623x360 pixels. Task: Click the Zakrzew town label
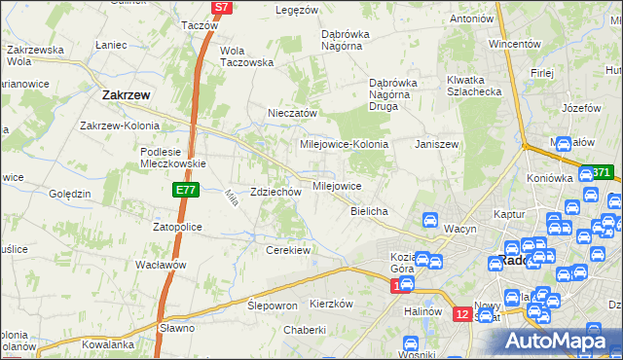click(x=125, y=95)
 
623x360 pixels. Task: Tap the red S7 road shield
click(x=222, y=7)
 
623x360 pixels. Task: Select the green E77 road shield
click(x=188, y=191)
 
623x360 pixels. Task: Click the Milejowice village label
click(x=337, y=185)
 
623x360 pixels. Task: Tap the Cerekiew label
click(x=287, y=250)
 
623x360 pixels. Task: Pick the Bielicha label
click(x=370, y=211)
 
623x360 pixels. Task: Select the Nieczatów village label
click(x=293, y=113)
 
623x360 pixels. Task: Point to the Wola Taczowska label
click(x=247, y=55)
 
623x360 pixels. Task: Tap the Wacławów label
click(x=161, y=265)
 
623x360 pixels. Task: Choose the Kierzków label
click(x=330, y=304)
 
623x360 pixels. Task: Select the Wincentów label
click(x=514, y=45)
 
